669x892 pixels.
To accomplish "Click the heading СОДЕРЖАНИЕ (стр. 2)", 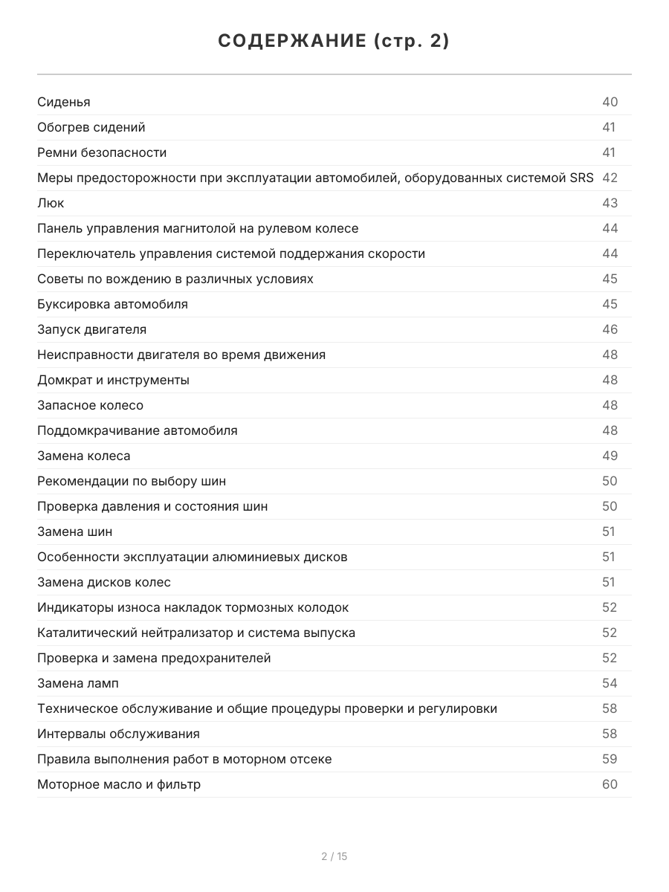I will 334,42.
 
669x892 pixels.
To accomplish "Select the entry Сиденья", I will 64,102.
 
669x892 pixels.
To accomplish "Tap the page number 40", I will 610,102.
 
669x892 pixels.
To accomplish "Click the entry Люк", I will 51,203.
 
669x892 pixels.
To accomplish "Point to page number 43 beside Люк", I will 610,203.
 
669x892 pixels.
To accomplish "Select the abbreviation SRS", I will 581,178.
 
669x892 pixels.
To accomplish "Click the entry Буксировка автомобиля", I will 112,304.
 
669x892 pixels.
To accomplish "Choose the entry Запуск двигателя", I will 91,329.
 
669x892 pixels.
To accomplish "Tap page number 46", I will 610,329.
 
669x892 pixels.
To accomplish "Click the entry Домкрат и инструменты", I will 113,380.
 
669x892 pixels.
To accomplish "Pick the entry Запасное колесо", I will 90,405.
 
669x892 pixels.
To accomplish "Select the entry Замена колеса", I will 83,456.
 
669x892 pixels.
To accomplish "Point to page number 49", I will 610,456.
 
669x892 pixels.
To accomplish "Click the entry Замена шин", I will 75,531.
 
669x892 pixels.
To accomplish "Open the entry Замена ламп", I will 77,683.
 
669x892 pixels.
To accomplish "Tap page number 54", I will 610,683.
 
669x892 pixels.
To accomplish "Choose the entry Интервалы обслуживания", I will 118,734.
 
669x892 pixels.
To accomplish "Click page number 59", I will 610,759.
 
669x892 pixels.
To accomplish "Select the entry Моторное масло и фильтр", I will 119,784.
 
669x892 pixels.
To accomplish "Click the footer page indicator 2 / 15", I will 334,856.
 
